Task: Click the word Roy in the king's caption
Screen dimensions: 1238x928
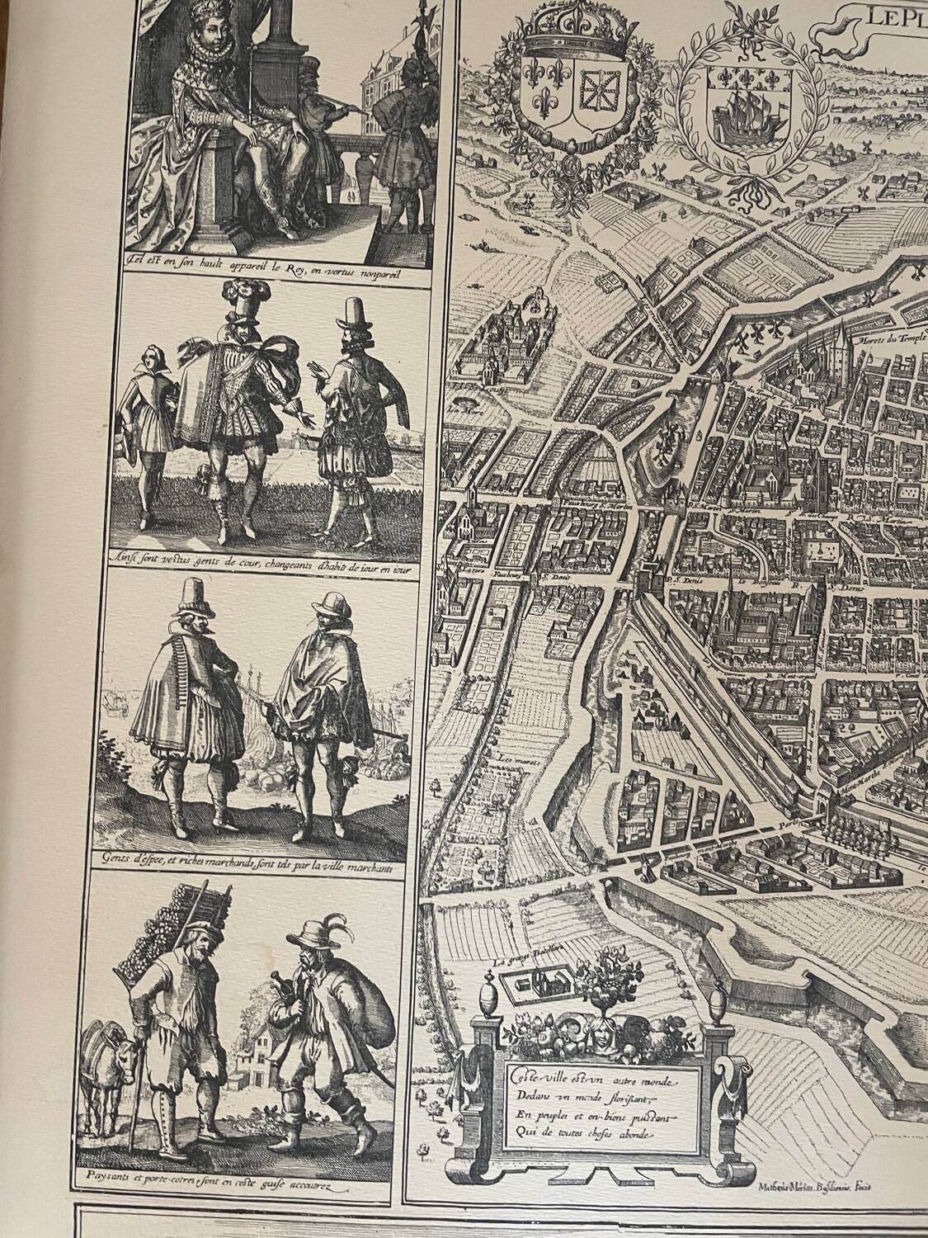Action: [296, 266]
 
